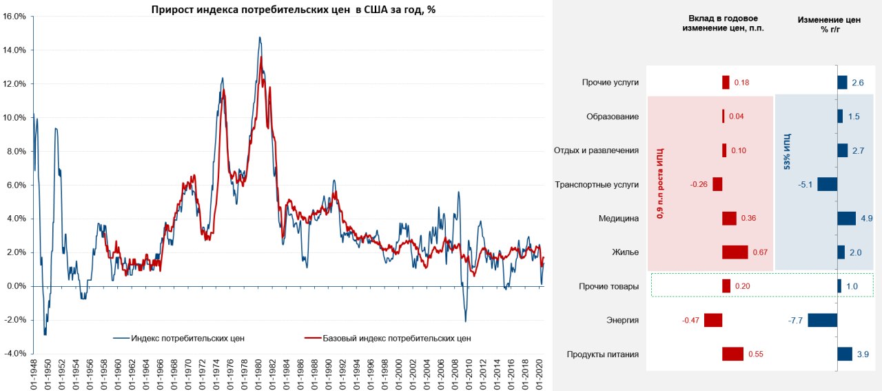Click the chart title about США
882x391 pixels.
click(294, 10)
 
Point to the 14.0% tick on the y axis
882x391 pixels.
click(15, 50)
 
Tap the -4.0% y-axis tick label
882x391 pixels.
click(14, 354)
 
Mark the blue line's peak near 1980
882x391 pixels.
click(260, 37)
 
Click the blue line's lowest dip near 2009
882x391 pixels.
click(465, 321)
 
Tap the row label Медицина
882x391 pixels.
click(619, 219)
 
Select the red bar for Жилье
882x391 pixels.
click(735, 252)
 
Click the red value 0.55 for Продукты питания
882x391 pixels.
click(755, 354)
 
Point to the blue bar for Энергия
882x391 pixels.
click(822, 320)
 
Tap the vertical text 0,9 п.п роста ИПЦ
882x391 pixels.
click(659, 183)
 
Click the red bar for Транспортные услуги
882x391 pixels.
click(717, 184)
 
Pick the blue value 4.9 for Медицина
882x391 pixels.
click(866, 219)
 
